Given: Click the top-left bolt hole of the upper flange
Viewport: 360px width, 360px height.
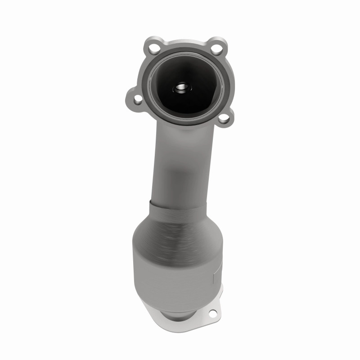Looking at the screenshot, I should [x=154, y=47].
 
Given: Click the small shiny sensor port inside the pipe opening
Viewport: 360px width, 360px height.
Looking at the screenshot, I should [x=184, y=87].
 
